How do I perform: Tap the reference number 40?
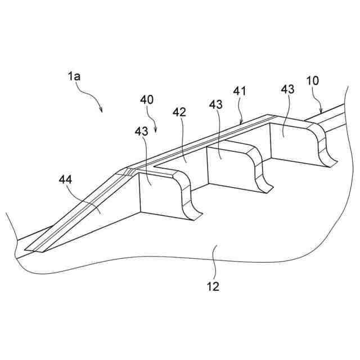(147, 101)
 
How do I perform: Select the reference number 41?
(241, 90)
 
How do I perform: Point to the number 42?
(180, 111)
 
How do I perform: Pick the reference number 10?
(312, 80)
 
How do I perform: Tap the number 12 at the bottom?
(213, 287)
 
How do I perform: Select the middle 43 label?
(216, 105)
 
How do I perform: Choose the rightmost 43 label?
(287, 89)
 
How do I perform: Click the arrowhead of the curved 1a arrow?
(102, 111)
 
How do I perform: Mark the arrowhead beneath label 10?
(320, 112)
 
